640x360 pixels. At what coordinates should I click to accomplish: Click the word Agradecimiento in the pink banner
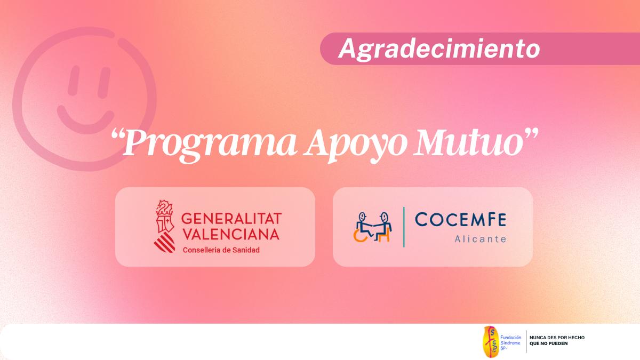point(438,49)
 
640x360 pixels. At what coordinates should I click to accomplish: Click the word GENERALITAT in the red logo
point(231,218)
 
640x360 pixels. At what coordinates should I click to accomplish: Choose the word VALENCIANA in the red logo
point(230,234)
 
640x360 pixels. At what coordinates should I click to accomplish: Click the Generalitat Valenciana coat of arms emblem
point(164,227)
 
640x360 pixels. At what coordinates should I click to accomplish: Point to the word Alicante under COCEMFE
point(480,239)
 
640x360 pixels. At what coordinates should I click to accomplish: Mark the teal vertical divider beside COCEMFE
point(403,227)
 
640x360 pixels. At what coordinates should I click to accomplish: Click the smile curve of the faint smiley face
point(85,114)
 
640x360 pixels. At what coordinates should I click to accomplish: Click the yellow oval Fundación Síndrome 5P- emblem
point(491,341)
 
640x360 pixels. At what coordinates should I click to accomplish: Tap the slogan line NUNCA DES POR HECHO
point(557,338)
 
